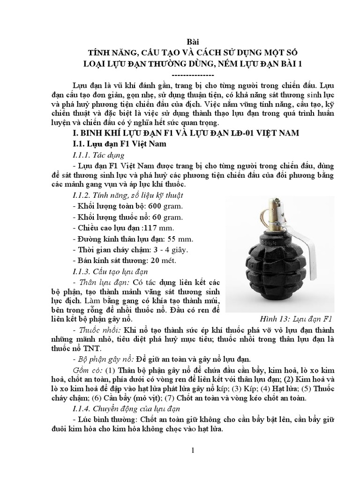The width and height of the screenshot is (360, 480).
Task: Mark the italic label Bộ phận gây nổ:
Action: click(x=103, y=359)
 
